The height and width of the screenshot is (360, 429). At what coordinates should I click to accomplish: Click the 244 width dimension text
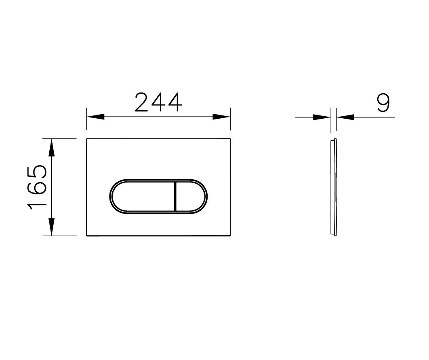point(158,103)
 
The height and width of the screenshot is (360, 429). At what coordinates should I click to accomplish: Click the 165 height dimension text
point(37,187)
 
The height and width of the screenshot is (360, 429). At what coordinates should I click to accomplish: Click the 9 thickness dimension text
point(383,103)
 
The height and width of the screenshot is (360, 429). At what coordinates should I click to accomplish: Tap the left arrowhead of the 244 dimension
point(95,117)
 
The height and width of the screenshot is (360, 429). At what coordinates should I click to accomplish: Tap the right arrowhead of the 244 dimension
point(221,117)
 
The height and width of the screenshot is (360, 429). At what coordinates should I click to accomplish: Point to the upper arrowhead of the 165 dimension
point(51,147)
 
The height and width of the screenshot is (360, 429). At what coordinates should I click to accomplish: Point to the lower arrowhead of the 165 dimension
point(51,226)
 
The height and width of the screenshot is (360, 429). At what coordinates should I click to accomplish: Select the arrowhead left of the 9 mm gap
point(322,117)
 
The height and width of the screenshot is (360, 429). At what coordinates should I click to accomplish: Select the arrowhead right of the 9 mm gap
point(345,117)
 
